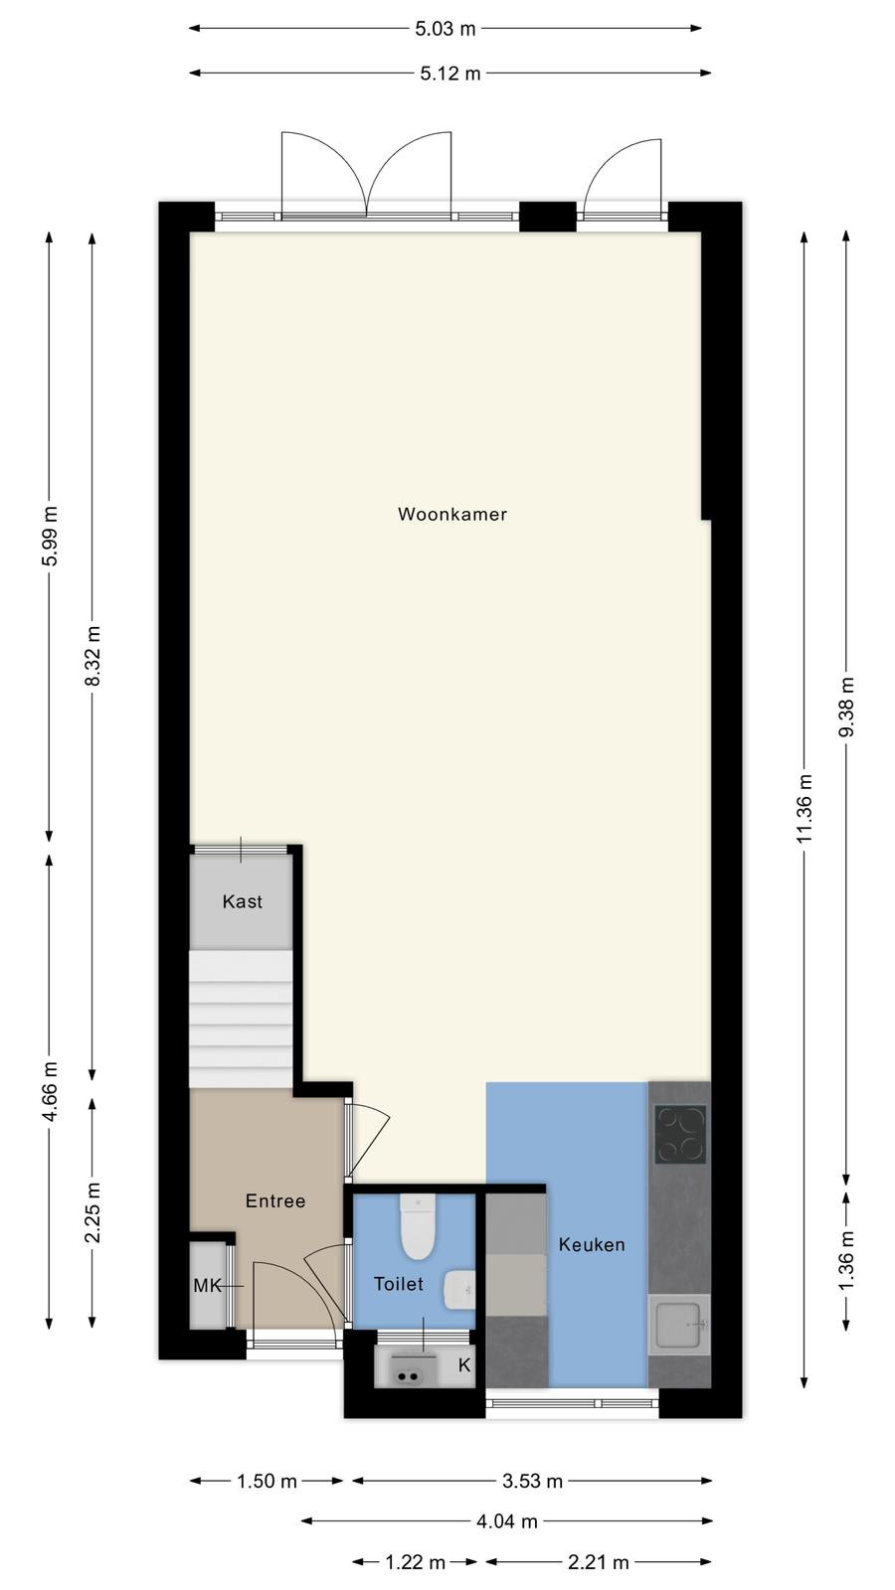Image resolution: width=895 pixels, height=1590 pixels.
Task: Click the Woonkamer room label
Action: click(x=452, y=514)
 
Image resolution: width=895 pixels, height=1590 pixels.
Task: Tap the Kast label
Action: click(x=243, y=901)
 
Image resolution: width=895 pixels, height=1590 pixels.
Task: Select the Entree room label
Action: click(x=275, y=1201)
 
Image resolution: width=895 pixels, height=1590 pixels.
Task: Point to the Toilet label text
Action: click(x=399, y=1283)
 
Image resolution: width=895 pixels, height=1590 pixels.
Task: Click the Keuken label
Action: click(x=592, y=1244)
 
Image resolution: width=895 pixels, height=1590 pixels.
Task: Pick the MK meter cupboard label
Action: click(x=208, y=1286)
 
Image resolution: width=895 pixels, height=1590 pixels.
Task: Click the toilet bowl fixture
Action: click(x=418, y=1226)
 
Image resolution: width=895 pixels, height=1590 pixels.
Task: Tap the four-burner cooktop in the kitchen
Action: click(x=680, y=1134)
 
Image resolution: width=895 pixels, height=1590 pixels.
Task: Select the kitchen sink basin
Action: click(x=680, y=1325)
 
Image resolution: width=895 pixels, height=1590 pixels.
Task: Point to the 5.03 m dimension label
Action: click(x=446, y=29)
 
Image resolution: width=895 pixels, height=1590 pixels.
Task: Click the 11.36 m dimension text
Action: click(x=805, y=809)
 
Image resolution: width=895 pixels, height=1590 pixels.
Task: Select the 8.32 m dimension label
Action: click(x=92, y=656)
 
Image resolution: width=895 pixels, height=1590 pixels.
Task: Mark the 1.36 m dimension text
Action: click(x=846, y=1261)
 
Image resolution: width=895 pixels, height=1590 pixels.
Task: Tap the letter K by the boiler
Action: click(x=464, y=1365)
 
